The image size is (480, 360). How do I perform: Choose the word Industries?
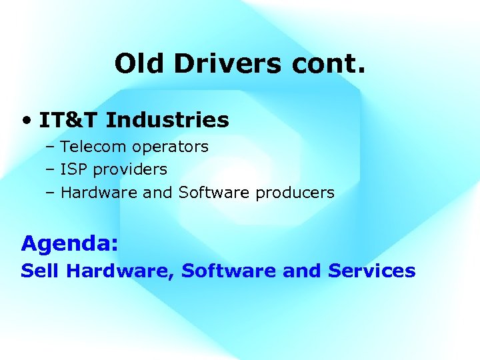point(167,121)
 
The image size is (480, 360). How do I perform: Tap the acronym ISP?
point(73,169)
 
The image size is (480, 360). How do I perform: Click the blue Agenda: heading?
point(70,243)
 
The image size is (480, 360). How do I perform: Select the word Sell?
point(41,271)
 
